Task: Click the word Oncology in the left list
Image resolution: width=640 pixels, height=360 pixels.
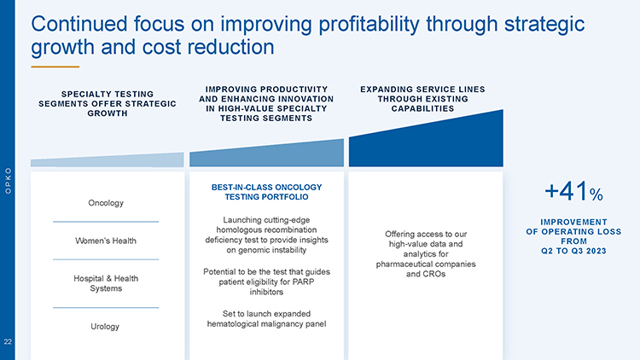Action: click(106, 203)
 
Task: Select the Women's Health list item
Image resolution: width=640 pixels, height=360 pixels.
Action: click(106, 241)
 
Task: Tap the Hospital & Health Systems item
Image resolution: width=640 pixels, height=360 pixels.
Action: click(106, 284)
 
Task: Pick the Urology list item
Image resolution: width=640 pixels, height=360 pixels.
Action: click(106, 327)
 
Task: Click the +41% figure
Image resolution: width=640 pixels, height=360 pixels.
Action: click(573, 194)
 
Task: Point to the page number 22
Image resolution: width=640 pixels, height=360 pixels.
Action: click(7, 342)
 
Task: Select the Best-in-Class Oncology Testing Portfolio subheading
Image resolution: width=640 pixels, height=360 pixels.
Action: click(266, 191)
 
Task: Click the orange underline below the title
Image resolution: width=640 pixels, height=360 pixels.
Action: click(55, 67)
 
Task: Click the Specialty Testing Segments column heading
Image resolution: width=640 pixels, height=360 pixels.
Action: click(108, 103)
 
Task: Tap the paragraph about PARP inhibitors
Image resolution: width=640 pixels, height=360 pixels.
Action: click(266, 282)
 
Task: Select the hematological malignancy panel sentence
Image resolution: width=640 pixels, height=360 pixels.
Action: click(266, 317)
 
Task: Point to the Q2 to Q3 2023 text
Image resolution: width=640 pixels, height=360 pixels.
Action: click(573, 252)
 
